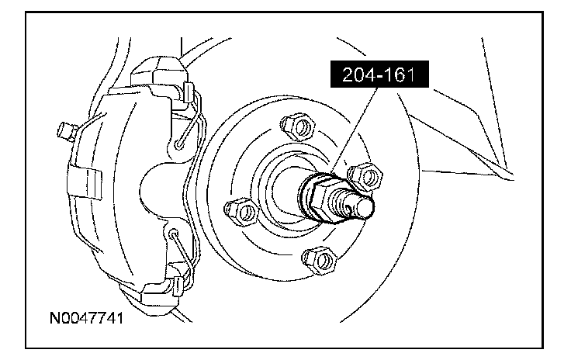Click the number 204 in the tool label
358,75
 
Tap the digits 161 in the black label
400,75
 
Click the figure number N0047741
86,318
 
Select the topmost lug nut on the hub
298,126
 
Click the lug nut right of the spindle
365,176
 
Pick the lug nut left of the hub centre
242,213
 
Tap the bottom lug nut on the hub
319,260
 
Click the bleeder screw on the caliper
67,131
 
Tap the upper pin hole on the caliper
179,144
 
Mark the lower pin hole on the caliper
173,233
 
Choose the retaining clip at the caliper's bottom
178,285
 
